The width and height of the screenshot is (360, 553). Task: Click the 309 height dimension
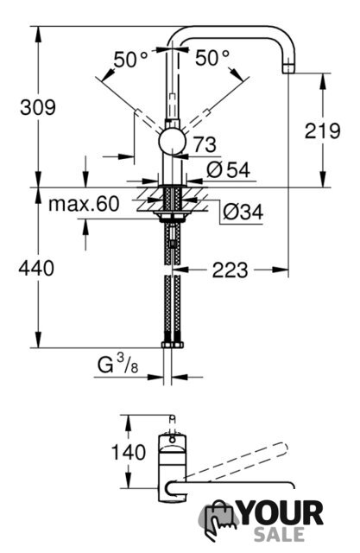tap(38, 107)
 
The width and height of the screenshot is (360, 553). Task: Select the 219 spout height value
tap(322, 130)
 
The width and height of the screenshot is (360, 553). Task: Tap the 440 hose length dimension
tap(36, 268)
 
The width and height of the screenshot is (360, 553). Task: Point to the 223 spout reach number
tap(230, 270)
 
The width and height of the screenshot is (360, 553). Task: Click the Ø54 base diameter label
tap(228, 170)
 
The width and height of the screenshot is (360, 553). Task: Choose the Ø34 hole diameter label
tap(243, 213)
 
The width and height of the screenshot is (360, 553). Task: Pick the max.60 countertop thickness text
tap(84, 204)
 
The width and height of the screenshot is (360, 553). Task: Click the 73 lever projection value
tap(205, 144)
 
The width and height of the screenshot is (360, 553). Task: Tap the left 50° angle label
tap(130, 59)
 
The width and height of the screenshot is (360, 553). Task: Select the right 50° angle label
tap(212, 58)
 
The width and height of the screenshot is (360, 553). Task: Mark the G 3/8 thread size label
tap(117, 364)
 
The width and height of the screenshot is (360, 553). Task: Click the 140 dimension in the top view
tap(129, 452)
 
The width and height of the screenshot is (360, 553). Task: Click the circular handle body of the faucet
tap(172, 142)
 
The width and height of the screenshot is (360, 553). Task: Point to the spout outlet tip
tap(288, 69)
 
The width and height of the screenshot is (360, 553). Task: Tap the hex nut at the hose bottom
tap(173, 345)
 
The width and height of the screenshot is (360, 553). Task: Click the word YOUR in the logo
tap(281, 513)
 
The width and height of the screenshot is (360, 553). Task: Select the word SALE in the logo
tap(280, 534)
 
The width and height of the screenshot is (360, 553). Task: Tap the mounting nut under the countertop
tap(173, 217)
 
